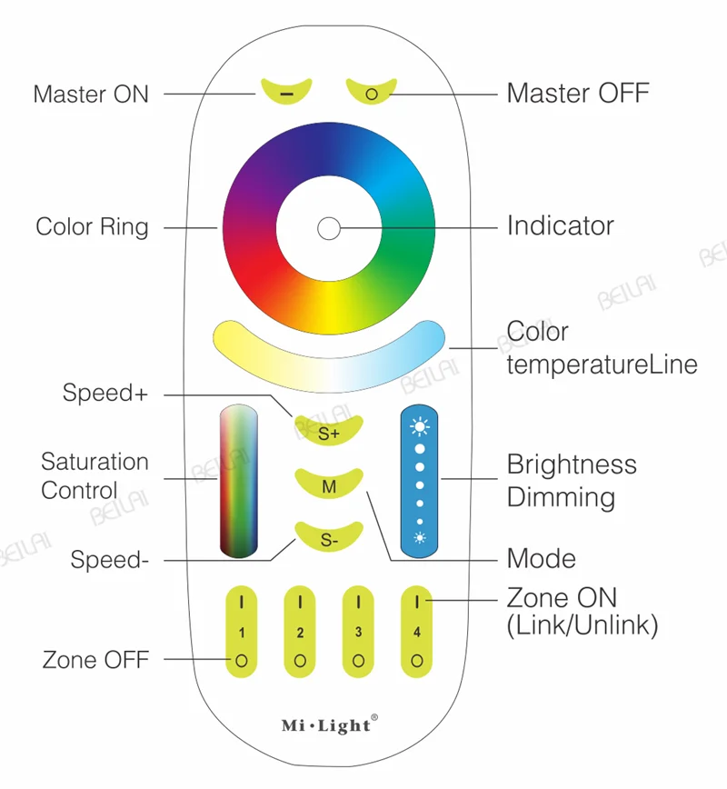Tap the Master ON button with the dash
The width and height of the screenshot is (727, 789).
286,93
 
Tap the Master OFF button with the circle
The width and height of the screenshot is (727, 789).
371,93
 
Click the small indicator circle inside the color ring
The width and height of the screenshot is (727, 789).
328,227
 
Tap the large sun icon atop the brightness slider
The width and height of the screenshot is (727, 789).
420,425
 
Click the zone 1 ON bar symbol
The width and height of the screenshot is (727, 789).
242,601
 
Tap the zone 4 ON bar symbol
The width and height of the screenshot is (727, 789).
417,601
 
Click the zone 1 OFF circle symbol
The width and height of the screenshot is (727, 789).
242,661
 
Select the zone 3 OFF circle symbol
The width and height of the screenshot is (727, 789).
359,661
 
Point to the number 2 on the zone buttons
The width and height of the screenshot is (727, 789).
300,632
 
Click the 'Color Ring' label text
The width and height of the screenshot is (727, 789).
92,226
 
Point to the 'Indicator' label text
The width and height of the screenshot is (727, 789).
560,225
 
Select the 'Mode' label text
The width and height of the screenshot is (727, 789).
541,557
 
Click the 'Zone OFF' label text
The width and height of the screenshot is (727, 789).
95,660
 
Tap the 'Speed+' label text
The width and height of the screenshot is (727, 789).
105,394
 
